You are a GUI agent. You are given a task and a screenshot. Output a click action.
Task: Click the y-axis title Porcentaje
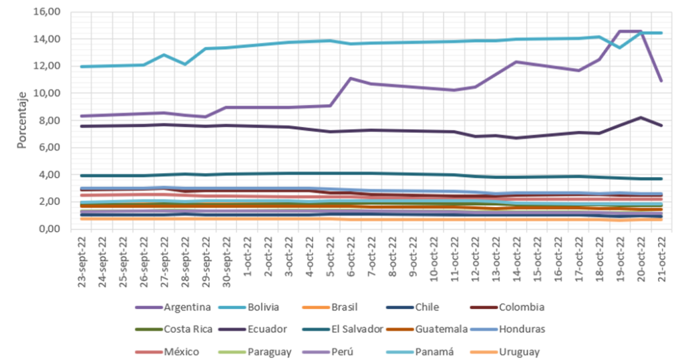(22, 120)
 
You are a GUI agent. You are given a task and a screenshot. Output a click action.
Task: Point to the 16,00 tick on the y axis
(47, 12)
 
